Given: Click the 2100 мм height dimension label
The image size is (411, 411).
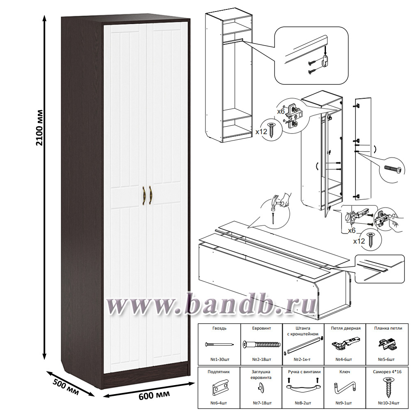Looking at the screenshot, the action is click(x=39, y=127).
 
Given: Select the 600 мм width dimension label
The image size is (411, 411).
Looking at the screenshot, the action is click(x=154, y=395).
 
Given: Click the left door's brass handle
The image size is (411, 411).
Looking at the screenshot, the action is click(x=143, y=196).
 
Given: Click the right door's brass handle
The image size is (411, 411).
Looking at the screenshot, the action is click(x=150, y=196).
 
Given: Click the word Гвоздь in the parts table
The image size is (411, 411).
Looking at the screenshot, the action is click(x=219, y=328).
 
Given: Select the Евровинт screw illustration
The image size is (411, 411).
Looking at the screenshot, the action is click(x=261, y=344).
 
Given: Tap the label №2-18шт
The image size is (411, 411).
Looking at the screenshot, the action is click(x=261, y=359).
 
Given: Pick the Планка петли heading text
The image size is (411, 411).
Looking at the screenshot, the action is click(x=388, y=328).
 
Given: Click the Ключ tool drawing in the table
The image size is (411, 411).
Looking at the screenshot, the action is click(x=345, y=388).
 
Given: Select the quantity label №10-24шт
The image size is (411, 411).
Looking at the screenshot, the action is click(x=388, y=403).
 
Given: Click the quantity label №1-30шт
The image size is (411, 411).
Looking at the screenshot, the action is click(x=219, y=359).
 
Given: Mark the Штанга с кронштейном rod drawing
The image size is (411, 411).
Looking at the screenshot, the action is click(x=303, y=345).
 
